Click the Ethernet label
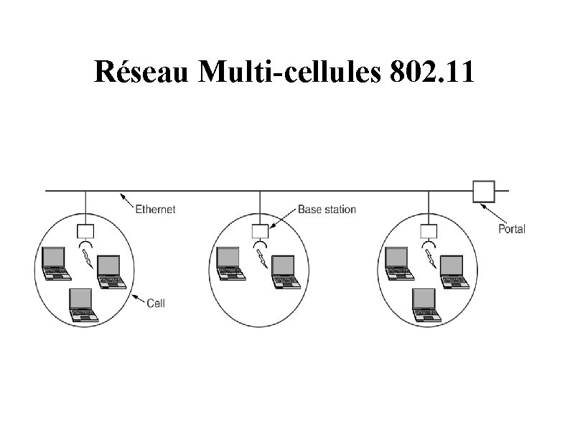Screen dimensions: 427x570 pyautogui.click(x=156, y=210)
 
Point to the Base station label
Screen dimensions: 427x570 pyautogui.click(x=327, y=210)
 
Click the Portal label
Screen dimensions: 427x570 pyautogui.click(x=511, y=229)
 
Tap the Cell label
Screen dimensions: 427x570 pyautogui.click(x=156, y=303)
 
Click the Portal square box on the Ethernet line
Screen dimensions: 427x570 pyautogui.click(x=483, y=191)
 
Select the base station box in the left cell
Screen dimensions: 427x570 pyautogui.click(x=85, y=230)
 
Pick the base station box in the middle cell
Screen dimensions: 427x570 pyautogui.click(x=259, y=230)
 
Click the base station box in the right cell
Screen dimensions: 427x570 pyautogui.click(x=429, y=230)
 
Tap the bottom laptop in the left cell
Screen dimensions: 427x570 pyautogui.click(x=81, y=304)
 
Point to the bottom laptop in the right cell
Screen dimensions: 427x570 pyautogui.click(x=424, y=304)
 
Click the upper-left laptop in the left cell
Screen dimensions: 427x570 pyautogui.click(x=55, y=263)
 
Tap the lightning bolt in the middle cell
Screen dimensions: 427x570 pyautogui.click(x=262, y=259)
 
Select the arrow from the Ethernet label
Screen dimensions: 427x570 pyautogui.click(x=128, y=200)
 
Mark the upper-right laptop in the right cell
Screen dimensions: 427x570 pyautogui.click(x=452, y=270)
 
